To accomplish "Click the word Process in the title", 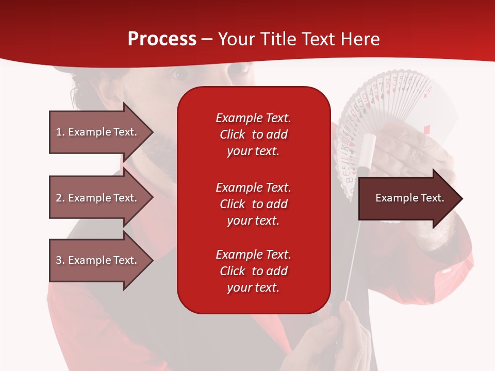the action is point(162,39).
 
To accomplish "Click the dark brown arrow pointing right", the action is point(410,198).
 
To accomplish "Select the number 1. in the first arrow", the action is point(60,132).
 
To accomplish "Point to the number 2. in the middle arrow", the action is point(60,198).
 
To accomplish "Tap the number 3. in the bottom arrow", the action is point(60,260).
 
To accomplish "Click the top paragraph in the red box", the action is point(254,134).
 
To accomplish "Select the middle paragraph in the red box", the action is point(254,204).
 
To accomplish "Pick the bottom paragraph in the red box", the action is point(254,271).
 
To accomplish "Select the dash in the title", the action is point(207,40).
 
